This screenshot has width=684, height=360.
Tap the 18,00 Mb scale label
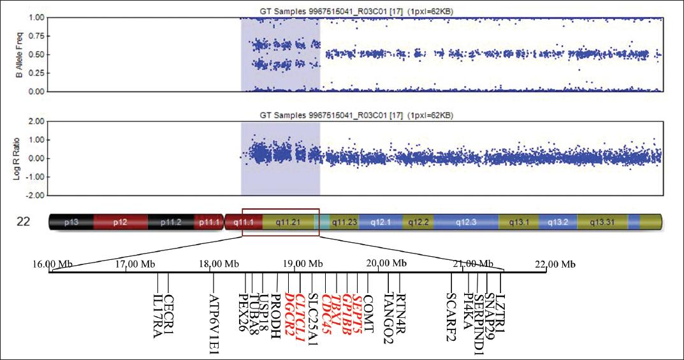coord(219,264)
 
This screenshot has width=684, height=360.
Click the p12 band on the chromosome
coord(120,222)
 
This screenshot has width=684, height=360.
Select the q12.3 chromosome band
coord(465,222)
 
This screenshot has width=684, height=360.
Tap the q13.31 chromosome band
coord(602,222)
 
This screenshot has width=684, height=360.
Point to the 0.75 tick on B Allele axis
coord(36,36)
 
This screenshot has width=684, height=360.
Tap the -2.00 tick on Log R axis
coord(35,195)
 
